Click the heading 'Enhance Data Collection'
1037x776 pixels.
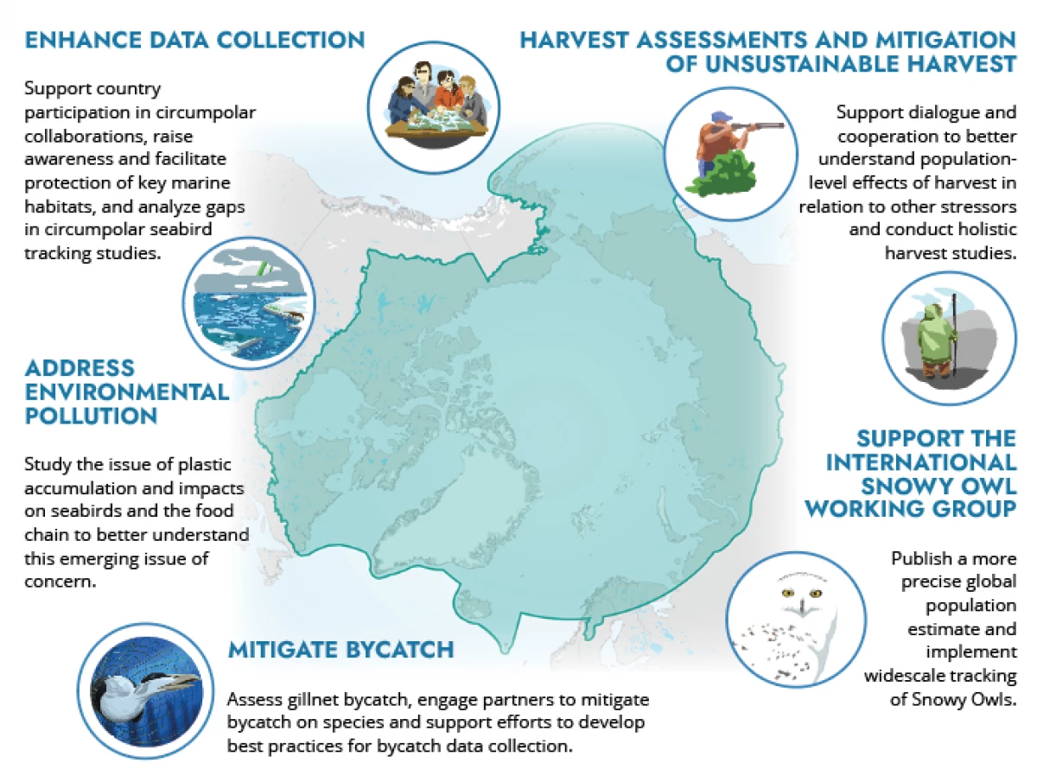pyautogui.click(x=194, y=40)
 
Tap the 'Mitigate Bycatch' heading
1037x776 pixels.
pyautogui.click(x=340, y=650)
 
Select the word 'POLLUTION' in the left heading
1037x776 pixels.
pyautogui.click(x=91, y=417)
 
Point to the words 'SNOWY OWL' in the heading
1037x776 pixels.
pyautogui.click(x=938, y=486)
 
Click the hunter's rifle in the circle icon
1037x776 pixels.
pyautogui.click(x=754, y=126)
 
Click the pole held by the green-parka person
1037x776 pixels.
pyautogui.click(x=954, y=335)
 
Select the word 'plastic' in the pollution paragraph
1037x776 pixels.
pyautogui.click(x=205, y=465)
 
